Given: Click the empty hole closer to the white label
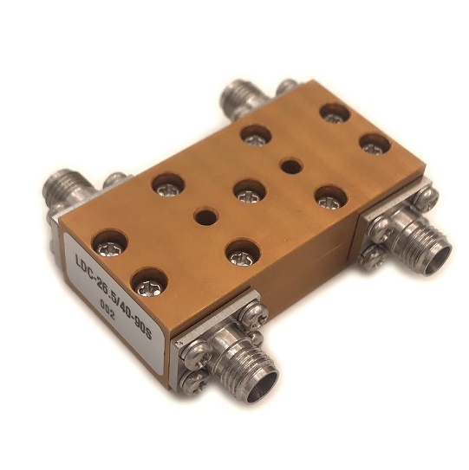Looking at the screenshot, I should coord(205,216).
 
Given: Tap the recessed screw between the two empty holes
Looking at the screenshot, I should coord(249,190).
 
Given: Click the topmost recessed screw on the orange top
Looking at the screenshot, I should coord(332,113).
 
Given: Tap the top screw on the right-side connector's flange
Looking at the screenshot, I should coord(427,200).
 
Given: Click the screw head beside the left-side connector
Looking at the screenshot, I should coord(112,182).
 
